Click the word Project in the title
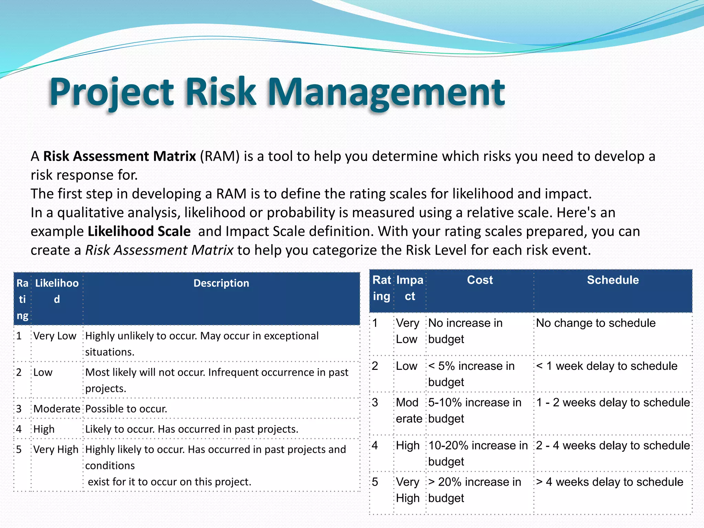(x=112, y=92)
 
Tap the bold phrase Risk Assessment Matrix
(x=119, y=156)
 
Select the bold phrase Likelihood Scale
(x=139, y=231)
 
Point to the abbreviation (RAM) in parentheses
(x=220, y=156)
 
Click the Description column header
(x=221, y=283)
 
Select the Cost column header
(x=480, y=280)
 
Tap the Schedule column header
(x=613, y=280)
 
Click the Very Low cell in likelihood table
(x=55, y=336)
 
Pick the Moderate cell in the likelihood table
(x=57, y=409)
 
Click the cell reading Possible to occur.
(x=126, y=409)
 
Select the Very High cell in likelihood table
(x=56, y=449)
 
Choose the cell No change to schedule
(x=596, y=323)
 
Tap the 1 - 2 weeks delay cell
(x=613, y=403)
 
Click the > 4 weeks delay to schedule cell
(x=609, y=482)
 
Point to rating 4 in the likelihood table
(x=19, y=429)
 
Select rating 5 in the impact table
(x=375, y=482)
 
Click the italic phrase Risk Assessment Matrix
(x=159, y=250)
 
